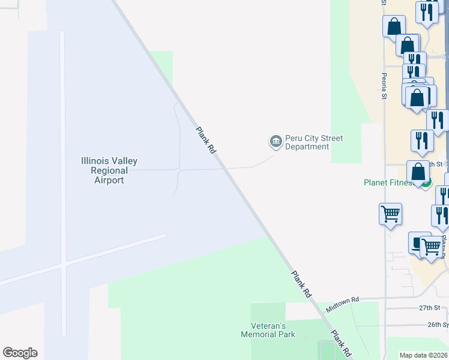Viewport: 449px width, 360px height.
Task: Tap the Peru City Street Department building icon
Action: [276, 142]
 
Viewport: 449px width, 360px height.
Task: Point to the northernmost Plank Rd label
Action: [205, 140]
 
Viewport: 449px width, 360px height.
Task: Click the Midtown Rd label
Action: [342, 304]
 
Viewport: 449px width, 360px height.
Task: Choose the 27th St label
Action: [430, 308]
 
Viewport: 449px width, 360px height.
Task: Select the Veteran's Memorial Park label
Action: [268, 329]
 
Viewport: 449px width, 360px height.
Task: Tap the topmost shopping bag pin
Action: [394, 26]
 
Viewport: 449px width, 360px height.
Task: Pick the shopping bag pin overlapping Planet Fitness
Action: [418, 172]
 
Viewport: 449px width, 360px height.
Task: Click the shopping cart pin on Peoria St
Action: [390, 213]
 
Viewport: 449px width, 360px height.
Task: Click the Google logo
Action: [20, 353]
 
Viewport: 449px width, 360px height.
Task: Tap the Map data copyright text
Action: [424, 355]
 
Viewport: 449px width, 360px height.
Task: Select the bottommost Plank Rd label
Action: [340, 344]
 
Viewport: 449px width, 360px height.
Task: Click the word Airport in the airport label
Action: [109, 180]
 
